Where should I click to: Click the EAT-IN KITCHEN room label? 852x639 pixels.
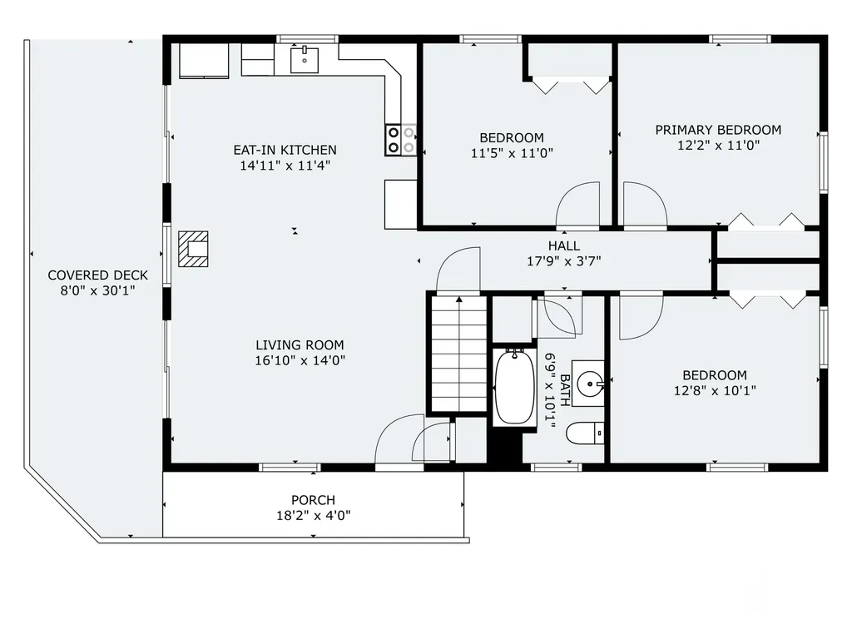pyautogui.click(x=285, y=150)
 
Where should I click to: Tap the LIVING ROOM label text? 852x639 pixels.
pyautogui.click(x=300, y=345)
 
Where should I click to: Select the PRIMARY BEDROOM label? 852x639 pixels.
pyautogui.click(x=718, y=130)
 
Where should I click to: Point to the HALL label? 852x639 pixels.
pyautogui.click(x=563, y=245)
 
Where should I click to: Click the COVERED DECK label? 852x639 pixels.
pyautogui.click(x=98, y=275)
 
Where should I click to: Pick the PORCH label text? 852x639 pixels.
pyautogui.click(x=313, y=500)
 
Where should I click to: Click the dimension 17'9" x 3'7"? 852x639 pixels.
pyautogui.click(x=563, y=261)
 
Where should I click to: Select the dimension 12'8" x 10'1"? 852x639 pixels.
pyautogui.click(x=715, y=391)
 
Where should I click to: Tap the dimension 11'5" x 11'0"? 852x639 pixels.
pyautogui.click(x=512, y=153)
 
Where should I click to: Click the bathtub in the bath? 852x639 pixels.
pyautogui.click(x=514, y=387)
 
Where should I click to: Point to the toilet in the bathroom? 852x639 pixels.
pyautogui.click(x=585, y=433)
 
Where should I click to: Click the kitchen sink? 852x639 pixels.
pyautogui.click(x=305, y=60)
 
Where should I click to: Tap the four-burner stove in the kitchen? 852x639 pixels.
pyautogui.click(x=401, y=140)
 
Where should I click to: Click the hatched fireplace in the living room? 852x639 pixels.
pyautogui.click(x=193, y=249)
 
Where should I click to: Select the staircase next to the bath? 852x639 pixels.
pyautogui.click(x=459, y=353)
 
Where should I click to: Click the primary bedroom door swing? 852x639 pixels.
pyautogui.click(x=645, y=204)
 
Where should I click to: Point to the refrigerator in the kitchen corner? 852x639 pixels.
pyautogui.click(x=204, y=61)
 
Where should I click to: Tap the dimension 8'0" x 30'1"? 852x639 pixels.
pyautogui.click(x=98, y=290)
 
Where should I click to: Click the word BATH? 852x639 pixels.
pyautogui.click(x=565, y=390)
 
